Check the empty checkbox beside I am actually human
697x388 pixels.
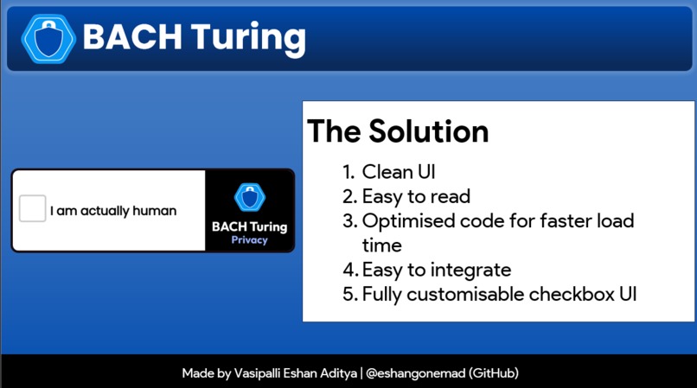tap(33, 209)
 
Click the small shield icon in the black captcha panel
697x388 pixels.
tap(249, 198)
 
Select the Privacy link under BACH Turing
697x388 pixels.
tap(249, 240)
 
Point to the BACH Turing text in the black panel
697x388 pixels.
tap(249, 226)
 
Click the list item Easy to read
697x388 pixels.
tap(416, 196)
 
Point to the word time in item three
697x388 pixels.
tap(381, 245)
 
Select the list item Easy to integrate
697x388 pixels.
tap(437, 269)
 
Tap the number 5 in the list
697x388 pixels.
tap(348, 293)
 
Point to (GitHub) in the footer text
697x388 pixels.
tap(493, 373)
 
